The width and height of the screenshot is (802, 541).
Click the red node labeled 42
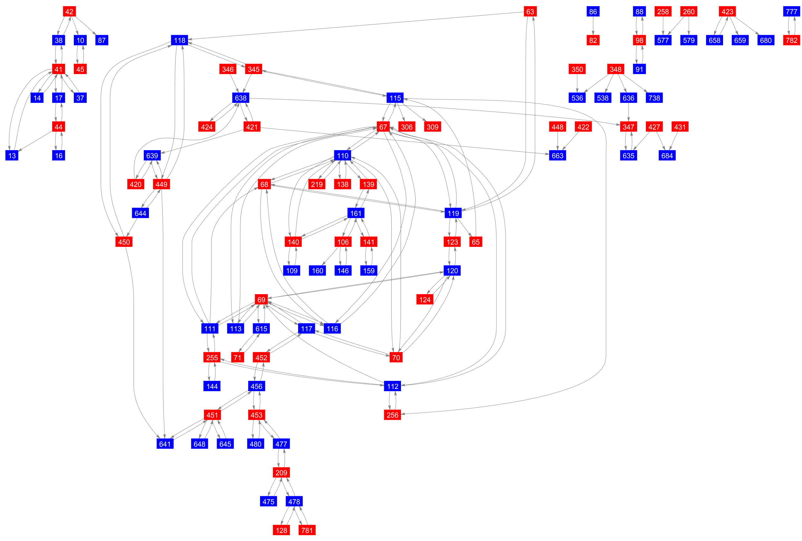tap(69, 12)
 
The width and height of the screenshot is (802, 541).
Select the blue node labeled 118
tap(180, 40)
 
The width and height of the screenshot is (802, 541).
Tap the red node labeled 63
tap(530, 12)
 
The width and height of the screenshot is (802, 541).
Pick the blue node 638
tap(240, 98)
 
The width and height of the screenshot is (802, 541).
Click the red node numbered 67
tap(383, 127)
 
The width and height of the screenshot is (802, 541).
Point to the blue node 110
tap(342, 156)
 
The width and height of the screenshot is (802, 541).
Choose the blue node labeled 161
tap(356, 213)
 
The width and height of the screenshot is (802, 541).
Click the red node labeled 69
tap(261, 299)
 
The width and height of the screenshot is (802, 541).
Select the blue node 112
tap(392, 386)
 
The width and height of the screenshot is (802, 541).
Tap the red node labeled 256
tap(392, 415)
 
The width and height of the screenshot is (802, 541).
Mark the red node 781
tap(307, 530)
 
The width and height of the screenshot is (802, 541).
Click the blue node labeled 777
tap(791, 12)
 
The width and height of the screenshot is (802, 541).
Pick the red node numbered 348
tap(615, 69)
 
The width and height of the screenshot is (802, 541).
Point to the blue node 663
tap(557, 156)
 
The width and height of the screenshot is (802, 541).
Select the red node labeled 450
tap(124, 242)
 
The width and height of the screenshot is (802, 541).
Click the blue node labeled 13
tap(12, 156)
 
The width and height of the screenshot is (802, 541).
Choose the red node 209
tap(281, 473)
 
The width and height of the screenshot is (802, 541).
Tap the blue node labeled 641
tap(165, 444)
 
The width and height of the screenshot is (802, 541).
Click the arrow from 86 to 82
tap(593, 26)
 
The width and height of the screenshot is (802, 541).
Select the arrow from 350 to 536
tap(577, 83)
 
